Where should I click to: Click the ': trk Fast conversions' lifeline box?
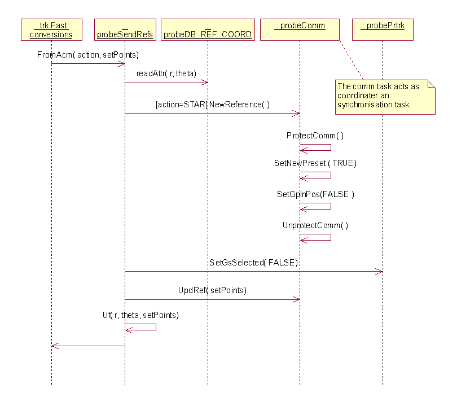tap(51, 30)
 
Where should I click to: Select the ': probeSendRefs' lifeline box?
tap(125, 30)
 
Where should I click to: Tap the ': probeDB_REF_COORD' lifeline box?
tap(208, 30)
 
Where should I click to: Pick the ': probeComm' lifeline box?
tap(300, 26)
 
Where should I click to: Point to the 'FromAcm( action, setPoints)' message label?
tap(88, 55)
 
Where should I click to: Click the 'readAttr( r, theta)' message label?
tap(166, 74)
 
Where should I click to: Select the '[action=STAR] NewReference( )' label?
tap(212, 104)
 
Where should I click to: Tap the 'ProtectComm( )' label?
tap(315, 136)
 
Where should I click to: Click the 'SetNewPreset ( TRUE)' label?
tap(315, 163)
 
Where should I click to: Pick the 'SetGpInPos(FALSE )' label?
tap(315, 194)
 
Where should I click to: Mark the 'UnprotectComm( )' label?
tap(315, 225)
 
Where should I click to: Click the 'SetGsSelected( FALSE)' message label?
tap(253, 263)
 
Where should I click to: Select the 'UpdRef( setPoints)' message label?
tap(212, 290)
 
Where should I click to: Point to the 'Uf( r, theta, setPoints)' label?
tap(140, 315)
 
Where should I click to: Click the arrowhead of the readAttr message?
tap(205, 82)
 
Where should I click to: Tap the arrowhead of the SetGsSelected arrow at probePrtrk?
tap(380, 272)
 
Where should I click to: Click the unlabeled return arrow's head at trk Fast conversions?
tap(54, 346)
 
